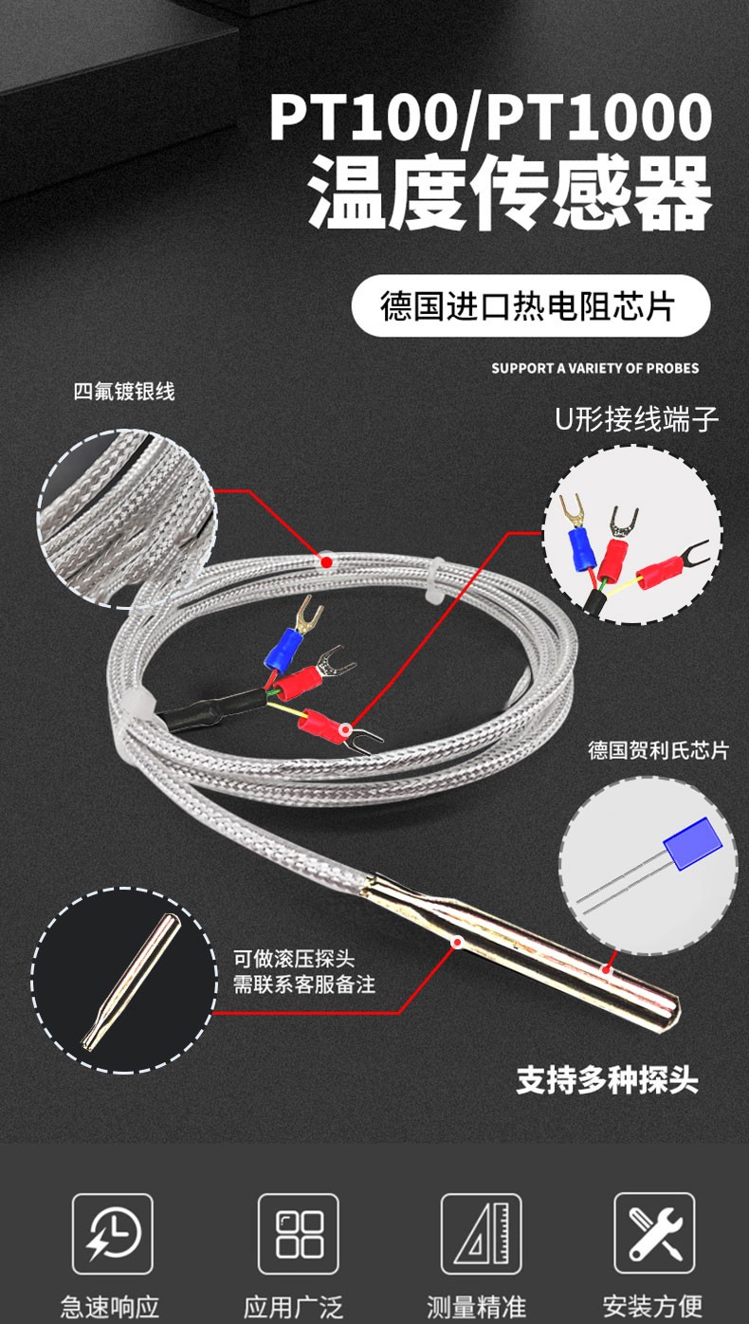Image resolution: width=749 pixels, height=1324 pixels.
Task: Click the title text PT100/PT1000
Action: (489, 117)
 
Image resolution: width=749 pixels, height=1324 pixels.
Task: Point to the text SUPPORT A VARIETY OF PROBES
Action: (594, 368)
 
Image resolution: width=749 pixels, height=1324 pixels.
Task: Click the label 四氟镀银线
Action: (124, 391)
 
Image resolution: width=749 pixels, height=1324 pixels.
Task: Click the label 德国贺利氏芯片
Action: (658, 750)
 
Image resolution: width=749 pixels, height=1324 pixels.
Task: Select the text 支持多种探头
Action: (607, 1080)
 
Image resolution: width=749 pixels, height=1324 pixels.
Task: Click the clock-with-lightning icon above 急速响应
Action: (112, 1233)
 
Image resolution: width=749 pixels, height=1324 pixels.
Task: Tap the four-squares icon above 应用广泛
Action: (299, 1233)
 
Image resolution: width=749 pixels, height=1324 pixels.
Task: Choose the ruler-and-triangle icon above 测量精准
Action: (481, 1233)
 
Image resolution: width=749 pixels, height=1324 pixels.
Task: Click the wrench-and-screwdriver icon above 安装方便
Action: (653, 1233)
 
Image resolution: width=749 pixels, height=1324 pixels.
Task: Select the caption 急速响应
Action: (110, 1306)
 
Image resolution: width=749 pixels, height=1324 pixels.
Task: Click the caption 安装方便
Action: (653, 1306)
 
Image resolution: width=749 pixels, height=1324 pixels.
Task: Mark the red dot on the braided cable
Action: (327, 562)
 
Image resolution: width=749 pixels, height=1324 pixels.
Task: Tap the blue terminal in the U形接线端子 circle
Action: (577, 547)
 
